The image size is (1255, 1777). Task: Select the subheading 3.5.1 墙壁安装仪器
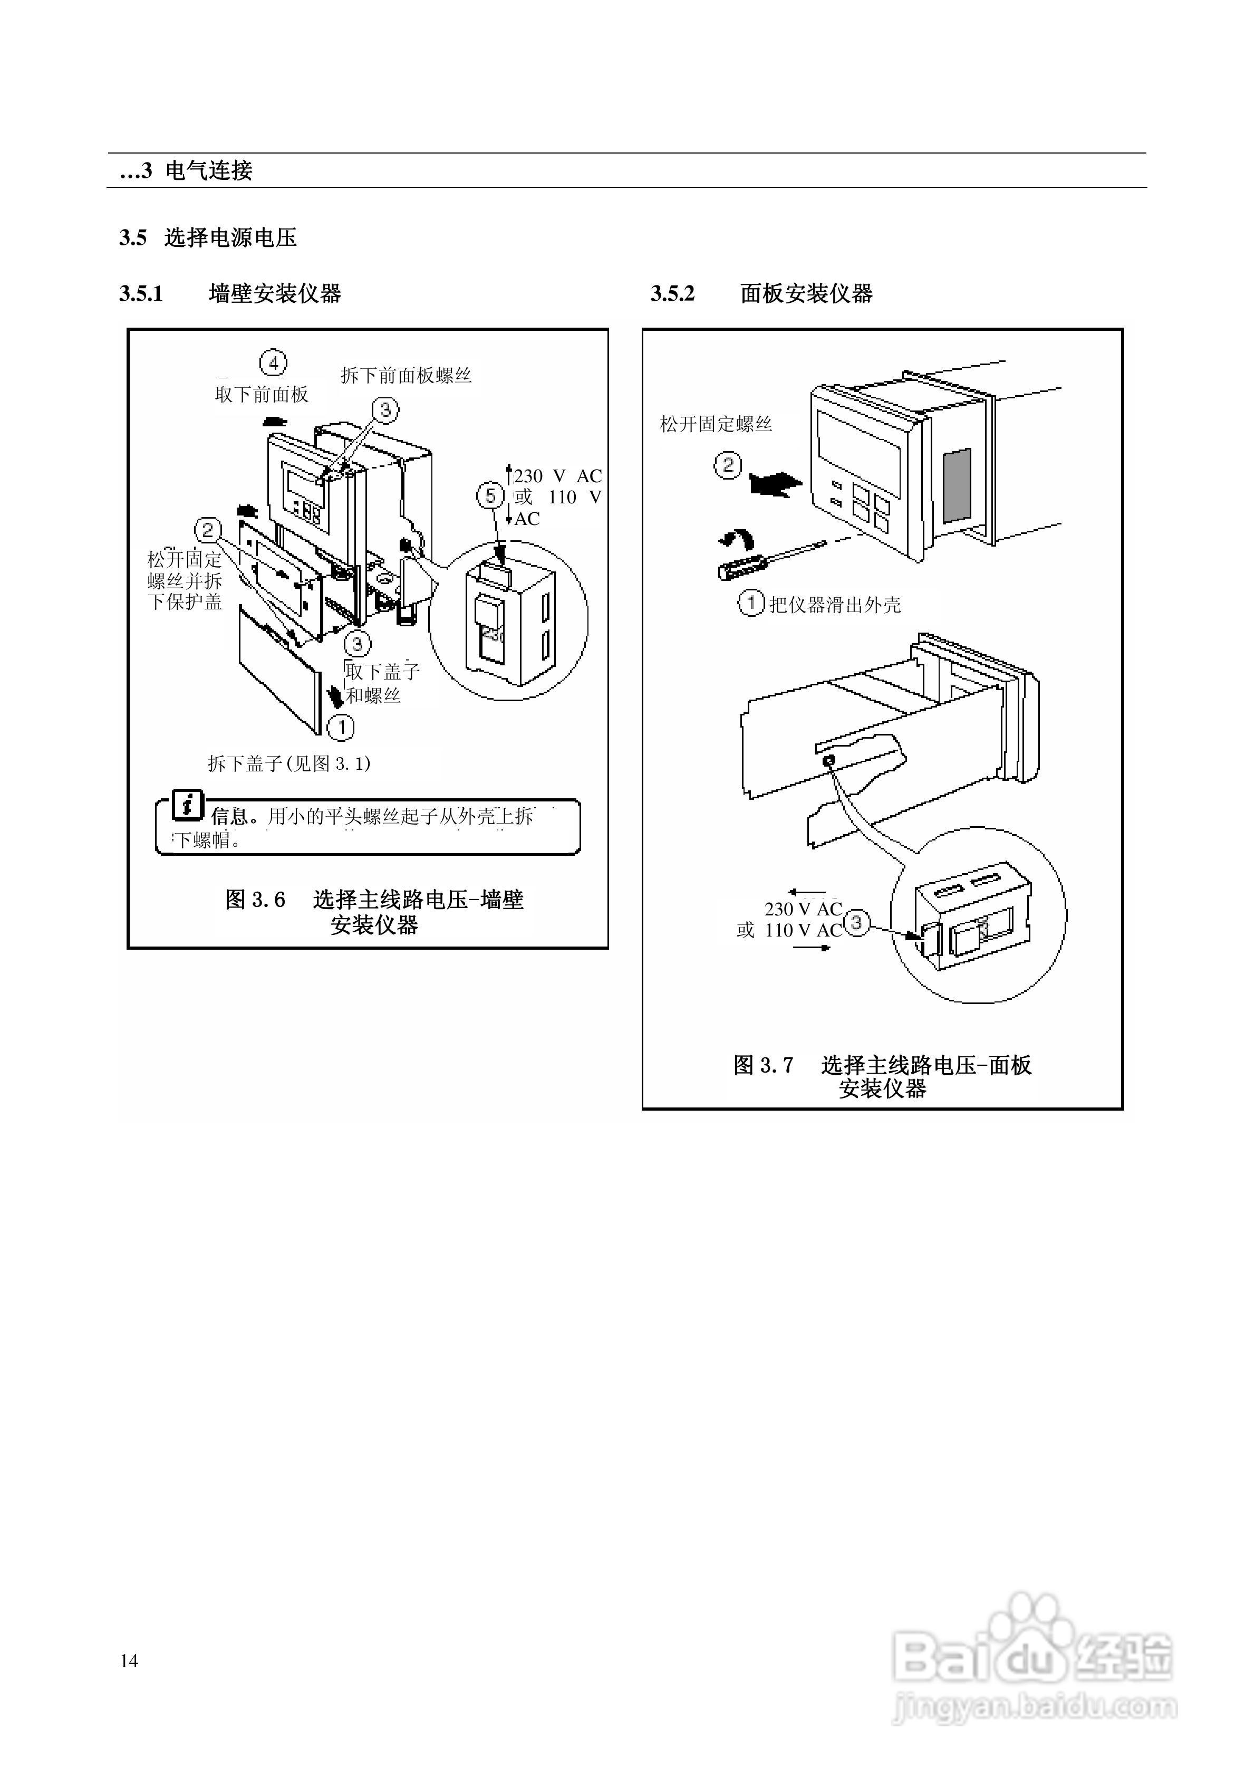click(x=230, y=293)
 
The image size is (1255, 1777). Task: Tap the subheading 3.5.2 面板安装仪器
click(x=761, y=293)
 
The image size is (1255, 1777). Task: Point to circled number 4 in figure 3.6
click(x=272, y=362)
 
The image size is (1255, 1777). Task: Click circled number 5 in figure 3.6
click(x=490, y=495)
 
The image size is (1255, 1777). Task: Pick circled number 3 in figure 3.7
click(x=856, y=923)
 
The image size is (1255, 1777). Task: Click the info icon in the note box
click(x=187, y=805)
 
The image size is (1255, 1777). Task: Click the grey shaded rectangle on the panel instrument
click(x=957, y=484)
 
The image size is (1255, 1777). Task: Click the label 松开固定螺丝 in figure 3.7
click(x=716, y=424)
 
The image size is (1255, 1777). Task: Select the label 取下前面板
click(x=262, y=395)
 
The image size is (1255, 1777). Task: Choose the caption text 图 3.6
click(x=255, y=900)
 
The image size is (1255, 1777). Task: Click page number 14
click(x=129, y=1661)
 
